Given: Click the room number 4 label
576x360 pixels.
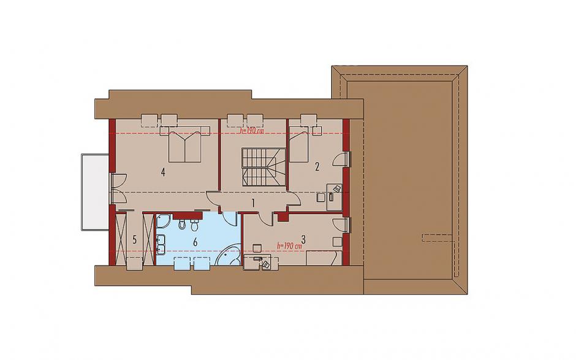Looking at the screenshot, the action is tap(162, 172).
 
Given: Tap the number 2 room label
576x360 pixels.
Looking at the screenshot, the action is tap(317, 167).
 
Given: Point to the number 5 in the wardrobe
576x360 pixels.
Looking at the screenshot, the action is tap(134, 240).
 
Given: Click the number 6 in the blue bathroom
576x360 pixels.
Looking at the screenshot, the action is tap(195, 242).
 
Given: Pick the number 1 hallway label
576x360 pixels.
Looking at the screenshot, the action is tap(253, 202).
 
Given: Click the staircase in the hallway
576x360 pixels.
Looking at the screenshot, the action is tap(263, 167).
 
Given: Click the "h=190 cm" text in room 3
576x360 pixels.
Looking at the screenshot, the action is tap(289, 246).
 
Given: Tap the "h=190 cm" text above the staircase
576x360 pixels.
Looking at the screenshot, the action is tap(252, 130).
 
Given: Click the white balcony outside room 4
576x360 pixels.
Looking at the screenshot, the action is tap(94, 193).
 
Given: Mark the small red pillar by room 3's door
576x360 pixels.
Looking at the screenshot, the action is tap(283, 216).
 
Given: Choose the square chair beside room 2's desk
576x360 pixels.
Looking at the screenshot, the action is tap(320, 197).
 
